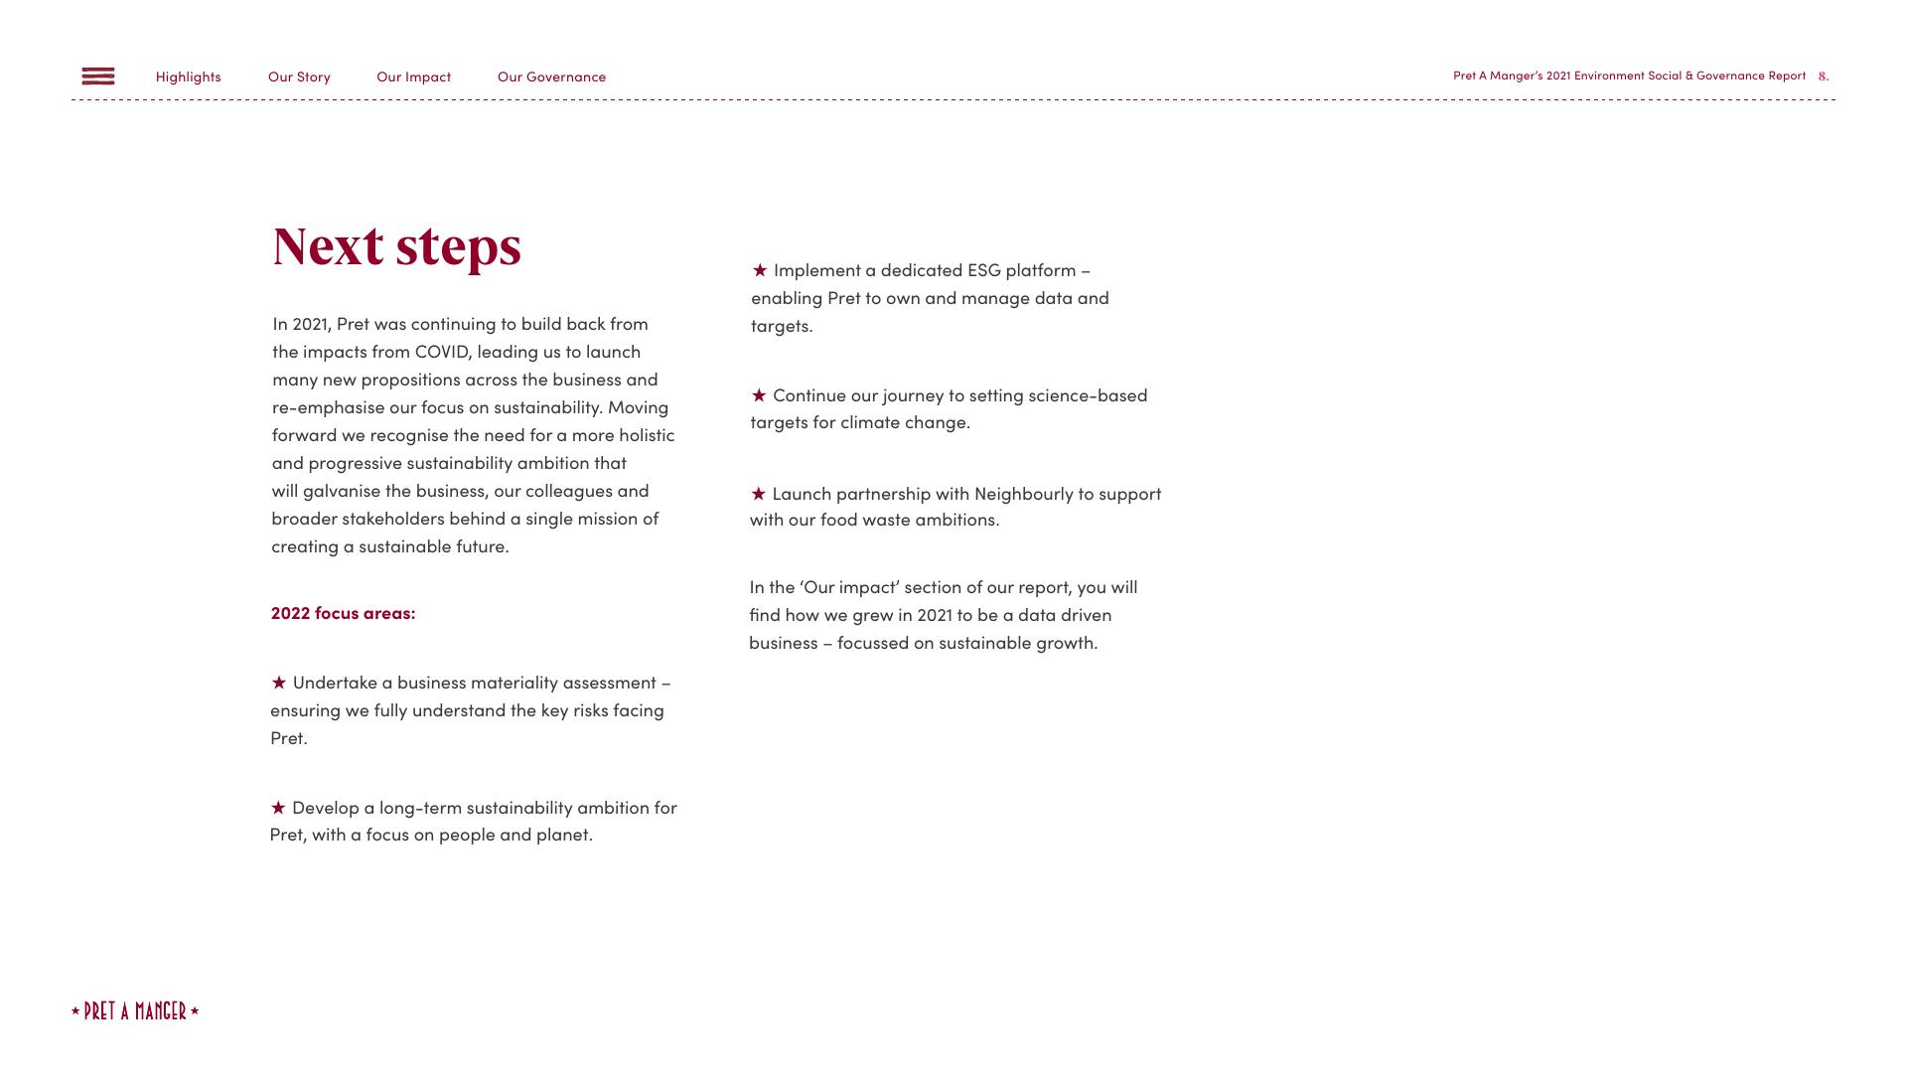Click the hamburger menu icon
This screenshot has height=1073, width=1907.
(98, 77)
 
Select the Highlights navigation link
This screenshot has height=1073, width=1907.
(189, 77)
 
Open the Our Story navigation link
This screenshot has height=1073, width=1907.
(299, 77)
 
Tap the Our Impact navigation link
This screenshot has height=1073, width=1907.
(413, 77)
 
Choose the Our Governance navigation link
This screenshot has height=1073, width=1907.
(551, 77)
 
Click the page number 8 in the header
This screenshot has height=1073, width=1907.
(1823, 77)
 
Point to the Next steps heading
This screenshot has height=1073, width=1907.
(396, 246)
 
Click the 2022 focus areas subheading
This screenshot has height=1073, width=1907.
(343, 613)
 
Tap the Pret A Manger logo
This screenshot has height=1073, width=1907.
(135, 1011)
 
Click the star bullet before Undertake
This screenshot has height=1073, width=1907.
(279, 683)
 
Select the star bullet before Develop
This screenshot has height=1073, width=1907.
(278, 808)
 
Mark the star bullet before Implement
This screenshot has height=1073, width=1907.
(760, 270)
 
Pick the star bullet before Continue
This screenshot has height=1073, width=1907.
(759, 395)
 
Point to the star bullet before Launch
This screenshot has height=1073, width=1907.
(759, 494)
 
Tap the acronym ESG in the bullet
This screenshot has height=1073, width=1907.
(983, 270)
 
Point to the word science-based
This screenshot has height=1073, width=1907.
(1088, 395)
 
